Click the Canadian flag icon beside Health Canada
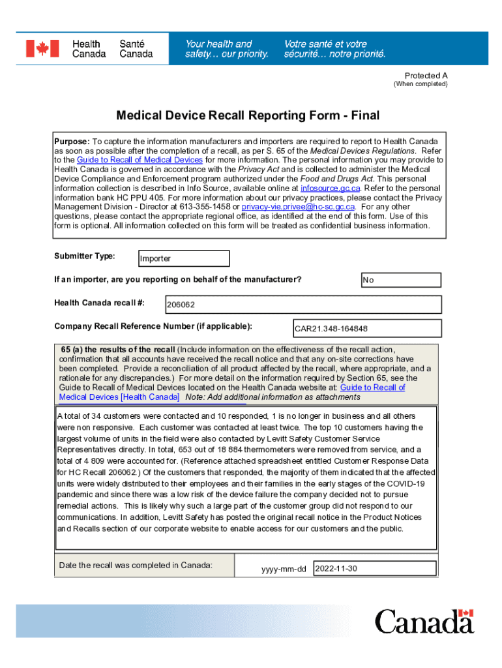point(42,49)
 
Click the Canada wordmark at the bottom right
point(424,621)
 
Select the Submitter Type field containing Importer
point(183,258)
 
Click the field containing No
point(401,280)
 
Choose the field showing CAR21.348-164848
point(367,328)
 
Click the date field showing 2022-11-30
point(374,568)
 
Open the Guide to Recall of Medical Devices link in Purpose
point(140,160)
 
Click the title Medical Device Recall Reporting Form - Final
point(248,116)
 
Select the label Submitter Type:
point(84,256)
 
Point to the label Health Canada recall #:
point(99,303)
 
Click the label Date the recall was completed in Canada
point(136,565)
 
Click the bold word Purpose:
point(72,142)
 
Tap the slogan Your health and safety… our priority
point(226,49)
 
